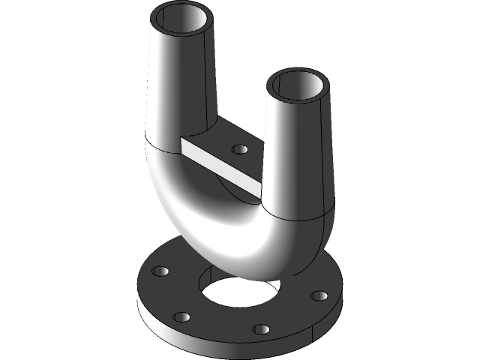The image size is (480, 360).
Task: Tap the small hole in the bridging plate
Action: (x=240, y=149)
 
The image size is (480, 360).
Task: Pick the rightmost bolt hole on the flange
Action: (x=319, y=295)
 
